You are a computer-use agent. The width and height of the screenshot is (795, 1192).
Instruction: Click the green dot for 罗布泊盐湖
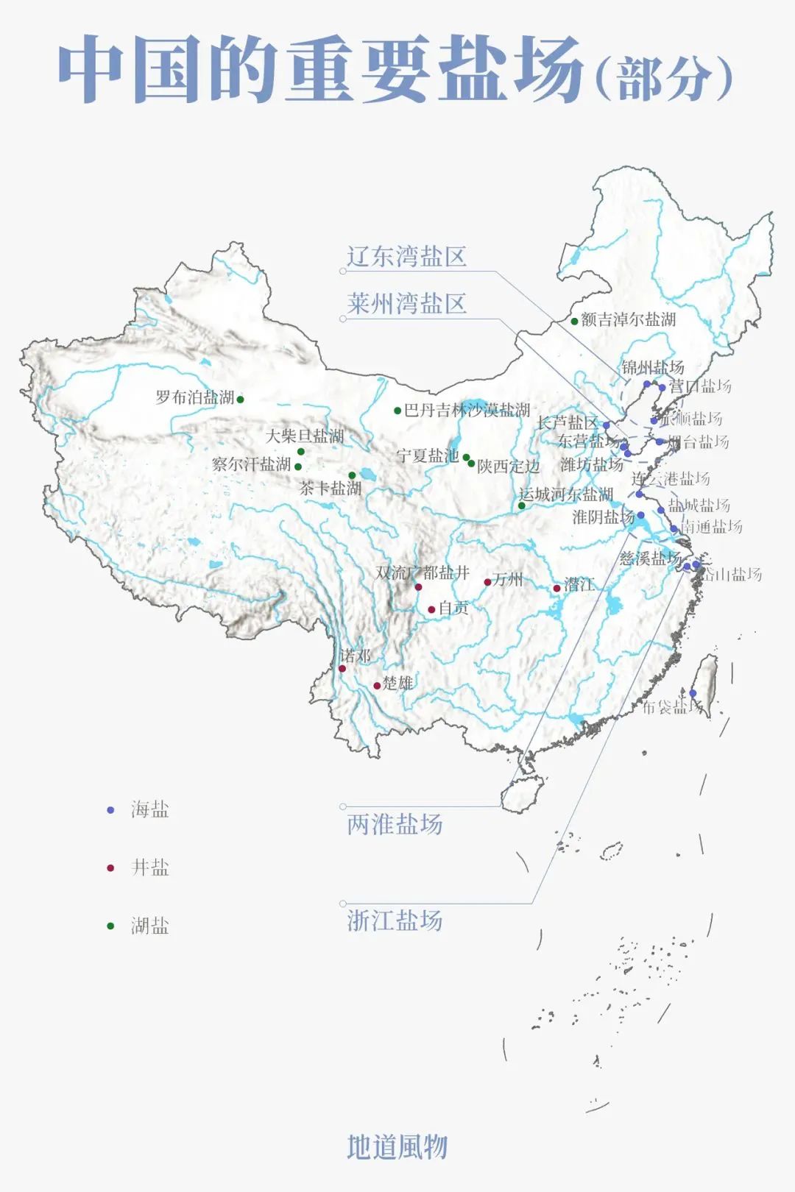click(240, 400)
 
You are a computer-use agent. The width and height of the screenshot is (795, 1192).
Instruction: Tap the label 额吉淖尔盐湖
click(628, 319)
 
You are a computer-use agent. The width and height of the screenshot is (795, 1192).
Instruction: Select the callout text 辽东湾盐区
click(406, 257)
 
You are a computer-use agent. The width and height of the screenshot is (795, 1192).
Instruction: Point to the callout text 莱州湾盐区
click(406, 304)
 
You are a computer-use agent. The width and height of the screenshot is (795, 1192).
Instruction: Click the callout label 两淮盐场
click(395, 824)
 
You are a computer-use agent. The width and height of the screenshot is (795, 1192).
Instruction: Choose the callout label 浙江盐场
click(395, 920)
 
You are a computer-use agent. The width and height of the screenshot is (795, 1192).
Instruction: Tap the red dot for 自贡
click(431, 609)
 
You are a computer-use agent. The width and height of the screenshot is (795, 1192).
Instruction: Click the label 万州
click(508, 580)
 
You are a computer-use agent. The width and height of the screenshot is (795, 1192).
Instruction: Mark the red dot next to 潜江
click(556, 588)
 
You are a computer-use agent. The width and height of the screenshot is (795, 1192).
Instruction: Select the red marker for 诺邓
click(342, 668)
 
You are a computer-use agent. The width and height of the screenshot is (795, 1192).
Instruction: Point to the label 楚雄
click(397, 684)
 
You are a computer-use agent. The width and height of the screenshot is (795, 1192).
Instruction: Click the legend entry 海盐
click(150, 809)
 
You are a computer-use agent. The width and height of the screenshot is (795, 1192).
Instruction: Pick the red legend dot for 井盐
click(110, 868)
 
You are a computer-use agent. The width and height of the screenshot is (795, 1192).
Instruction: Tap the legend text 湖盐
click(150, 926)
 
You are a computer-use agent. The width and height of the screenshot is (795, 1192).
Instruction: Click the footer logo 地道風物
click(397, 1146)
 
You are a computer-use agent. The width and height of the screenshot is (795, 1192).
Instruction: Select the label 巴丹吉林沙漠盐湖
click(467, 410)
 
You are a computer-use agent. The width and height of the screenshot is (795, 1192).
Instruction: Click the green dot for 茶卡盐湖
click(352, 475)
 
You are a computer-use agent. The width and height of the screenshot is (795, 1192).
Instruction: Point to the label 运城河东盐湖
click(566, 494)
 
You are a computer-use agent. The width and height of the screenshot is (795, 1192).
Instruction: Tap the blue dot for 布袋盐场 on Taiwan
click(693, 693)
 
